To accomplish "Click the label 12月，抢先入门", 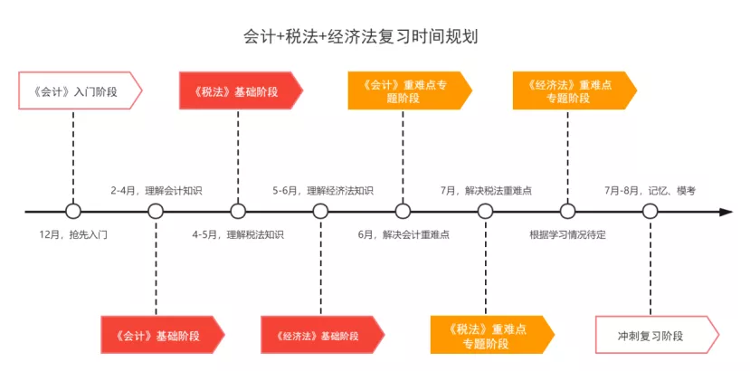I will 73,234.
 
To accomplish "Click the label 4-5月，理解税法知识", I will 238,234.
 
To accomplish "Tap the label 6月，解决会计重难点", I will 403,234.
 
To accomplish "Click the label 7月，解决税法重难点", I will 486,191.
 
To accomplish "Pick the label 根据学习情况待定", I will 568,234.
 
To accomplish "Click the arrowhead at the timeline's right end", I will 726,212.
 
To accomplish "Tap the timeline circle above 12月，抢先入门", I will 73,212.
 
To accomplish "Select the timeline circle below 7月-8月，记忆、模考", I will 650,212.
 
